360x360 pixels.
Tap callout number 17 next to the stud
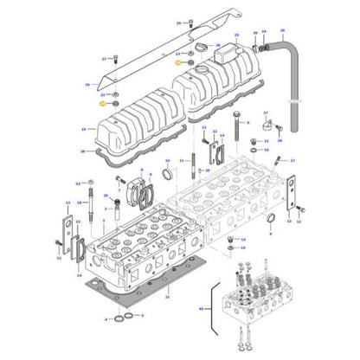292,161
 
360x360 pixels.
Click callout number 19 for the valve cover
83,128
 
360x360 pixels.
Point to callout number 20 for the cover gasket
83,151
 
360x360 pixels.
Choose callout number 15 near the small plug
243,240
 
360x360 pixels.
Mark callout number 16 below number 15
243,247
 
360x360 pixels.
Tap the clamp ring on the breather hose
256,43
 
